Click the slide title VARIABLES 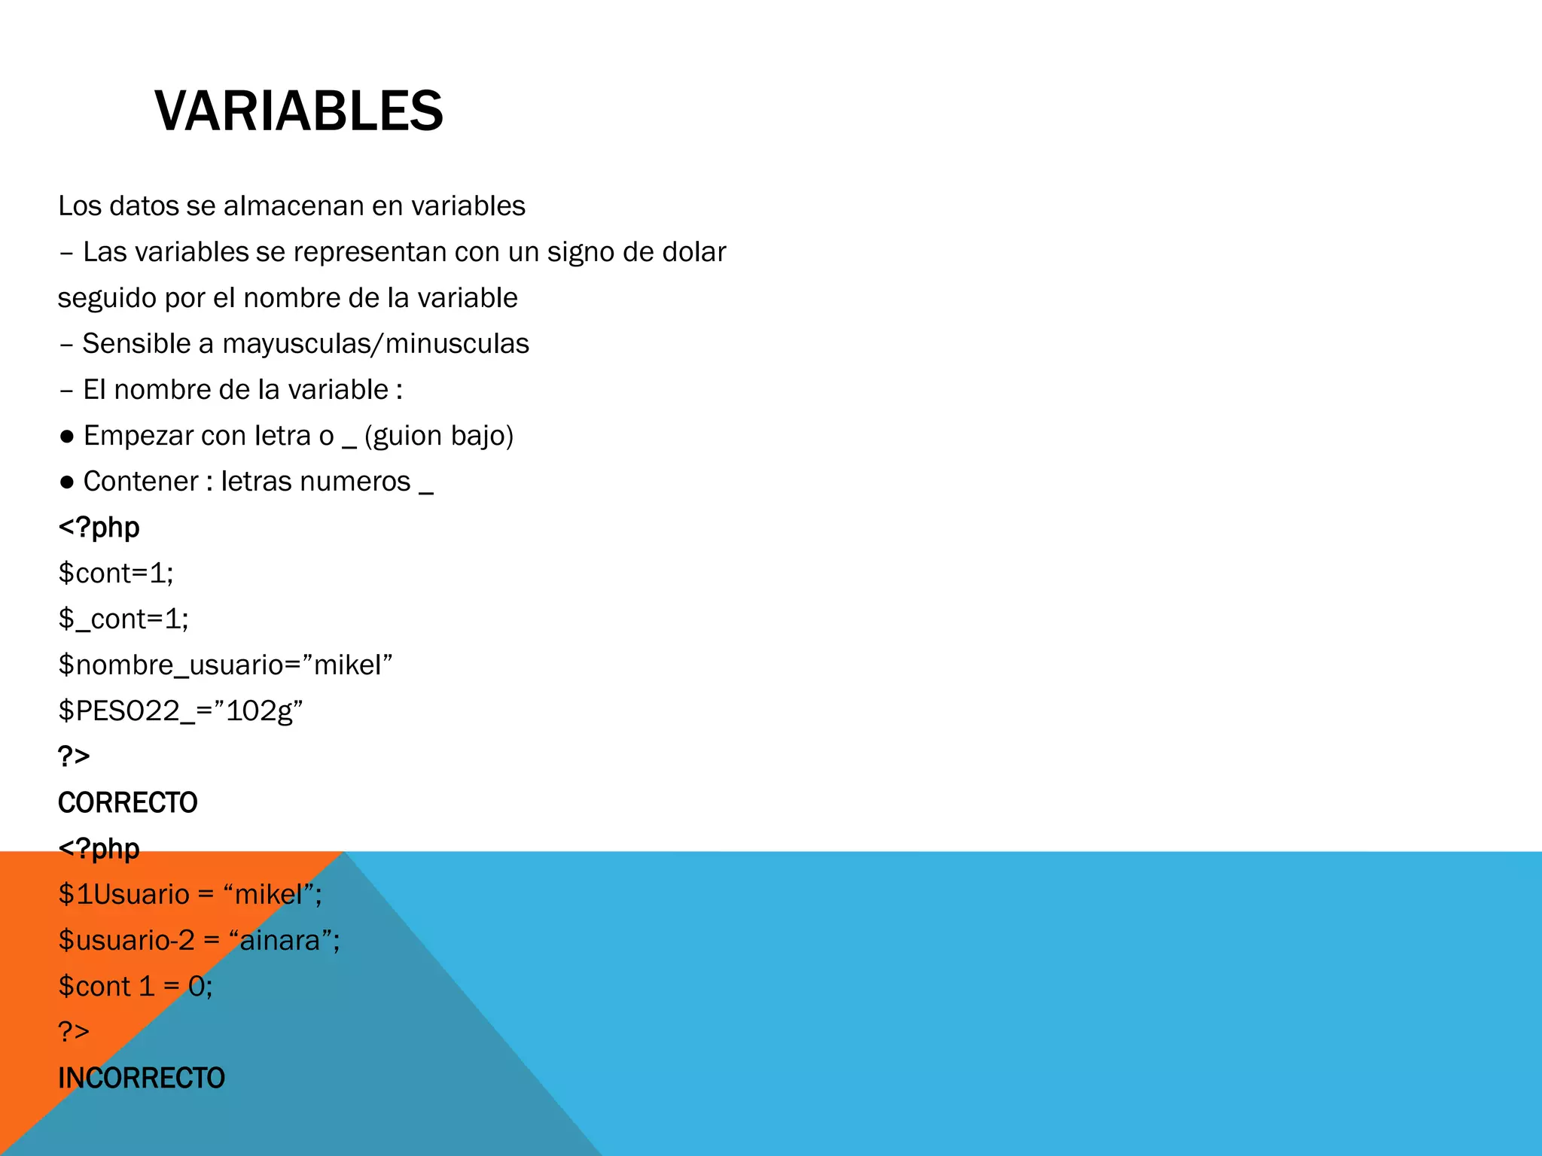299,111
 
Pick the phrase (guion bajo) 438,436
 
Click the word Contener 141,482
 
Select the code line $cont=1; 116,573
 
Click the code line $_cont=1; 123,619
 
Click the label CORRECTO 127,803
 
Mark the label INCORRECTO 142,1078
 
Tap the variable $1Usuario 124,895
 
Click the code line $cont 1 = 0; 136,987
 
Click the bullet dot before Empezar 67,437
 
